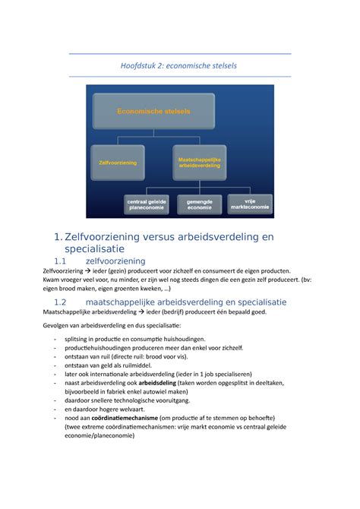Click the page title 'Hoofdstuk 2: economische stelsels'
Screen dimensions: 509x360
[179, 65]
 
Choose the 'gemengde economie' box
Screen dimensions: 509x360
[200, 204]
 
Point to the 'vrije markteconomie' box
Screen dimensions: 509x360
[250, 203]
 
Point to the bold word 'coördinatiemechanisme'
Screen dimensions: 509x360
[134, 417]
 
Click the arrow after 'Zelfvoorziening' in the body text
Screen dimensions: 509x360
[87, 271]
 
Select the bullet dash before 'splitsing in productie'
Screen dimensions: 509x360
[55, 339]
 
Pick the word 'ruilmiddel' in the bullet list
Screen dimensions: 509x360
[140, 365]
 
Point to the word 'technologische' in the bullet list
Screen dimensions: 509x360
[155, 400]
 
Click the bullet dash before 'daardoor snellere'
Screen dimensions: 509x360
[55, 400]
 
